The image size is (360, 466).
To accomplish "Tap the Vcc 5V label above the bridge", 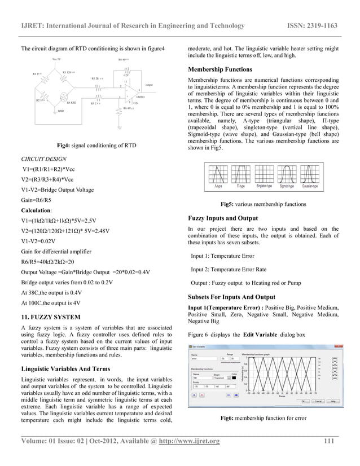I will tap(57, 59).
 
